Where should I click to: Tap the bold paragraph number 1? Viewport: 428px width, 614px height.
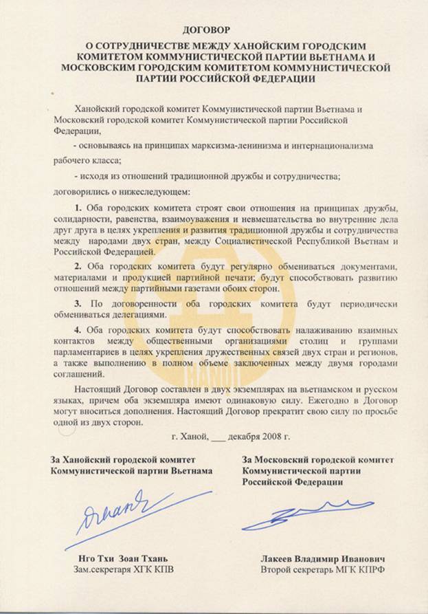pos(77,208)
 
